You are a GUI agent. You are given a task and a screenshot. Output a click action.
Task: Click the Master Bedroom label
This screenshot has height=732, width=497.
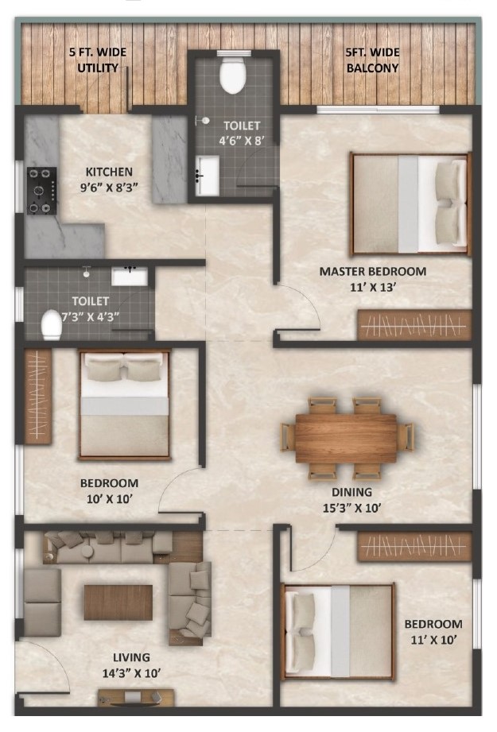pyautogui.click(x=373, y=279)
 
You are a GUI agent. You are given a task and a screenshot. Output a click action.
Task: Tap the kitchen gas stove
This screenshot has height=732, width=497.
pyautogui.click(x=41, y=191)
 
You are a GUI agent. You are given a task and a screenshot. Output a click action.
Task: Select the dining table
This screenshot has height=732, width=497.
pyautogui.click(x=346, y=439)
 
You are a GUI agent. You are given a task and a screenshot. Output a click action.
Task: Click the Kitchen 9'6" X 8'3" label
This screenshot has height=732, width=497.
pyautogui.click(x=109, y=180)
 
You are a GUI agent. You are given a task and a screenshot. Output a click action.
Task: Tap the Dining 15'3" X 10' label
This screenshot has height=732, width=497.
pyautogui.click(x=352, y=499)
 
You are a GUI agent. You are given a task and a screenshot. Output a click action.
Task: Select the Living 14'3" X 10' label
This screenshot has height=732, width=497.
pyautogui.click(x=132, y=664)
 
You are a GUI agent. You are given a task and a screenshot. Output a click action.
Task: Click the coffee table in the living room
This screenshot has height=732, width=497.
pyautogui.click(x=118, y=602)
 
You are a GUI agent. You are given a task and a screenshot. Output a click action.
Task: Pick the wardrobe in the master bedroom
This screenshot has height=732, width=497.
pyautogui.click(x=414, y=324)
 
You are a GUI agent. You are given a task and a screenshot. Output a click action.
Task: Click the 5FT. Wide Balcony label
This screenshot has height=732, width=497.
pyautogui.click(x=372, y=60)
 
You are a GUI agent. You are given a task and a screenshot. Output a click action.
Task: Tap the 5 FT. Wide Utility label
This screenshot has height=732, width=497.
pyautogui.click(x=98, y=60)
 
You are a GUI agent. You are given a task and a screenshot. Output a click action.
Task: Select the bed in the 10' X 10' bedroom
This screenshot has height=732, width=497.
pyautogui.click(x=125, y=405)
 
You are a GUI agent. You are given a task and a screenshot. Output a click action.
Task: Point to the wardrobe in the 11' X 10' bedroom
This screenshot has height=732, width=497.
pyautogui.click(x=414, y=546)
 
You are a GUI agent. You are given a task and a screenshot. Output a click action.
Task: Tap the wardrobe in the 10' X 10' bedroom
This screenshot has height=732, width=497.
pyautogui.click(x=37, y=396)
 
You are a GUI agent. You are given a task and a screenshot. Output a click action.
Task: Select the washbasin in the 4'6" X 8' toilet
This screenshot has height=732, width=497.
pyautogui.click(x=207, y=176)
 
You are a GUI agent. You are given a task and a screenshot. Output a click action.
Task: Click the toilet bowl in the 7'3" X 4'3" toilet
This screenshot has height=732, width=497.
pyautogui.click(x=51, y=324)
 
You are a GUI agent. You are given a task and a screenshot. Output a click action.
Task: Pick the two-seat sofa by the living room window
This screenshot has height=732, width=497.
pyautogui.click(x=42, y=602)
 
